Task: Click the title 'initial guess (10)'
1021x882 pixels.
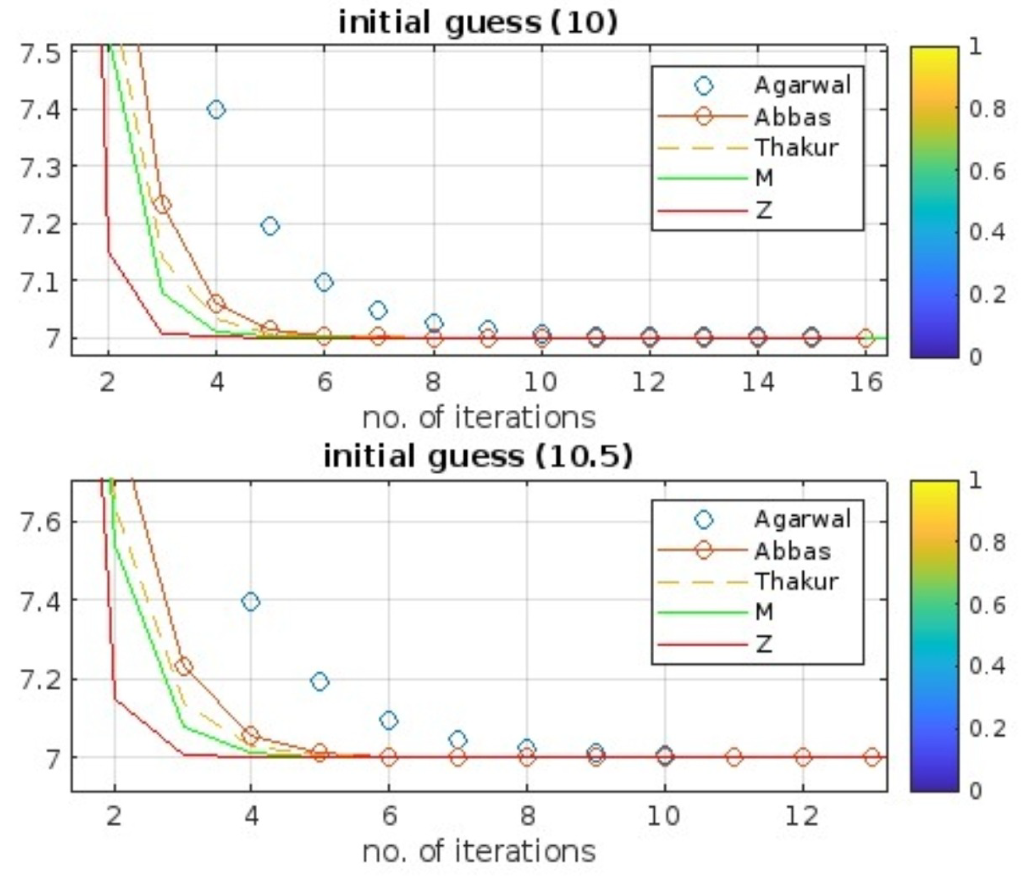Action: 478,23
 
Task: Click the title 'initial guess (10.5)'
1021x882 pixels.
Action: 478,456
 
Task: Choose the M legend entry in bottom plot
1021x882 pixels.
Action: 764,611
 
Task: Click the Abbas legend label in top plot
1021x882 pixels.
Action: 792,117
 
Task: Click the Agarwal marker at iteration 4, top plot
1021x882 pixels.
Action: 216,109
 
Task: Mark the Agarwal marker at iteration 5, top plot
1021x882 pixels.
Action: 270,226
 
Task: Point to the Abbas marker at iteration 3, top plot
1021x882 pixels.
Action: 162,205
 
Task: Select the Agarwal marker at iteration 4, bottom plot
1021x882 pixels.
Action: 251,602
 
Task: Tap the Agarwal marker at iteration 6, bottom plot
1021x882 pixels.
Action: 389,720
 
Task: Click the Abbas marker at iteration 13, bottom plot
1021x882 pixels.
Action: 872,757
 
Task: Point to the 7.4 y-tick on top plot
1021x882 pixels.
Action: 39,110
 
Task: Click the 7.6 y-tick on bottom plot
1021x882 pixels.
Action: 39,522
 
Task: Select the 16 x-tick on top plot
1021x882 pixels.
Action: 866,382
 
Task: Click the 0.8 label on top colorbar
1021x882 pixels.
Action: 987,109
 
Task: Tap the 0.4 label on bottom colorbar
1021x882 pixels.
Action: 987,666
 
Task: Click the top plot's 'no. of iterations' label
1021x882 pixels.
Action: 479,417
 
